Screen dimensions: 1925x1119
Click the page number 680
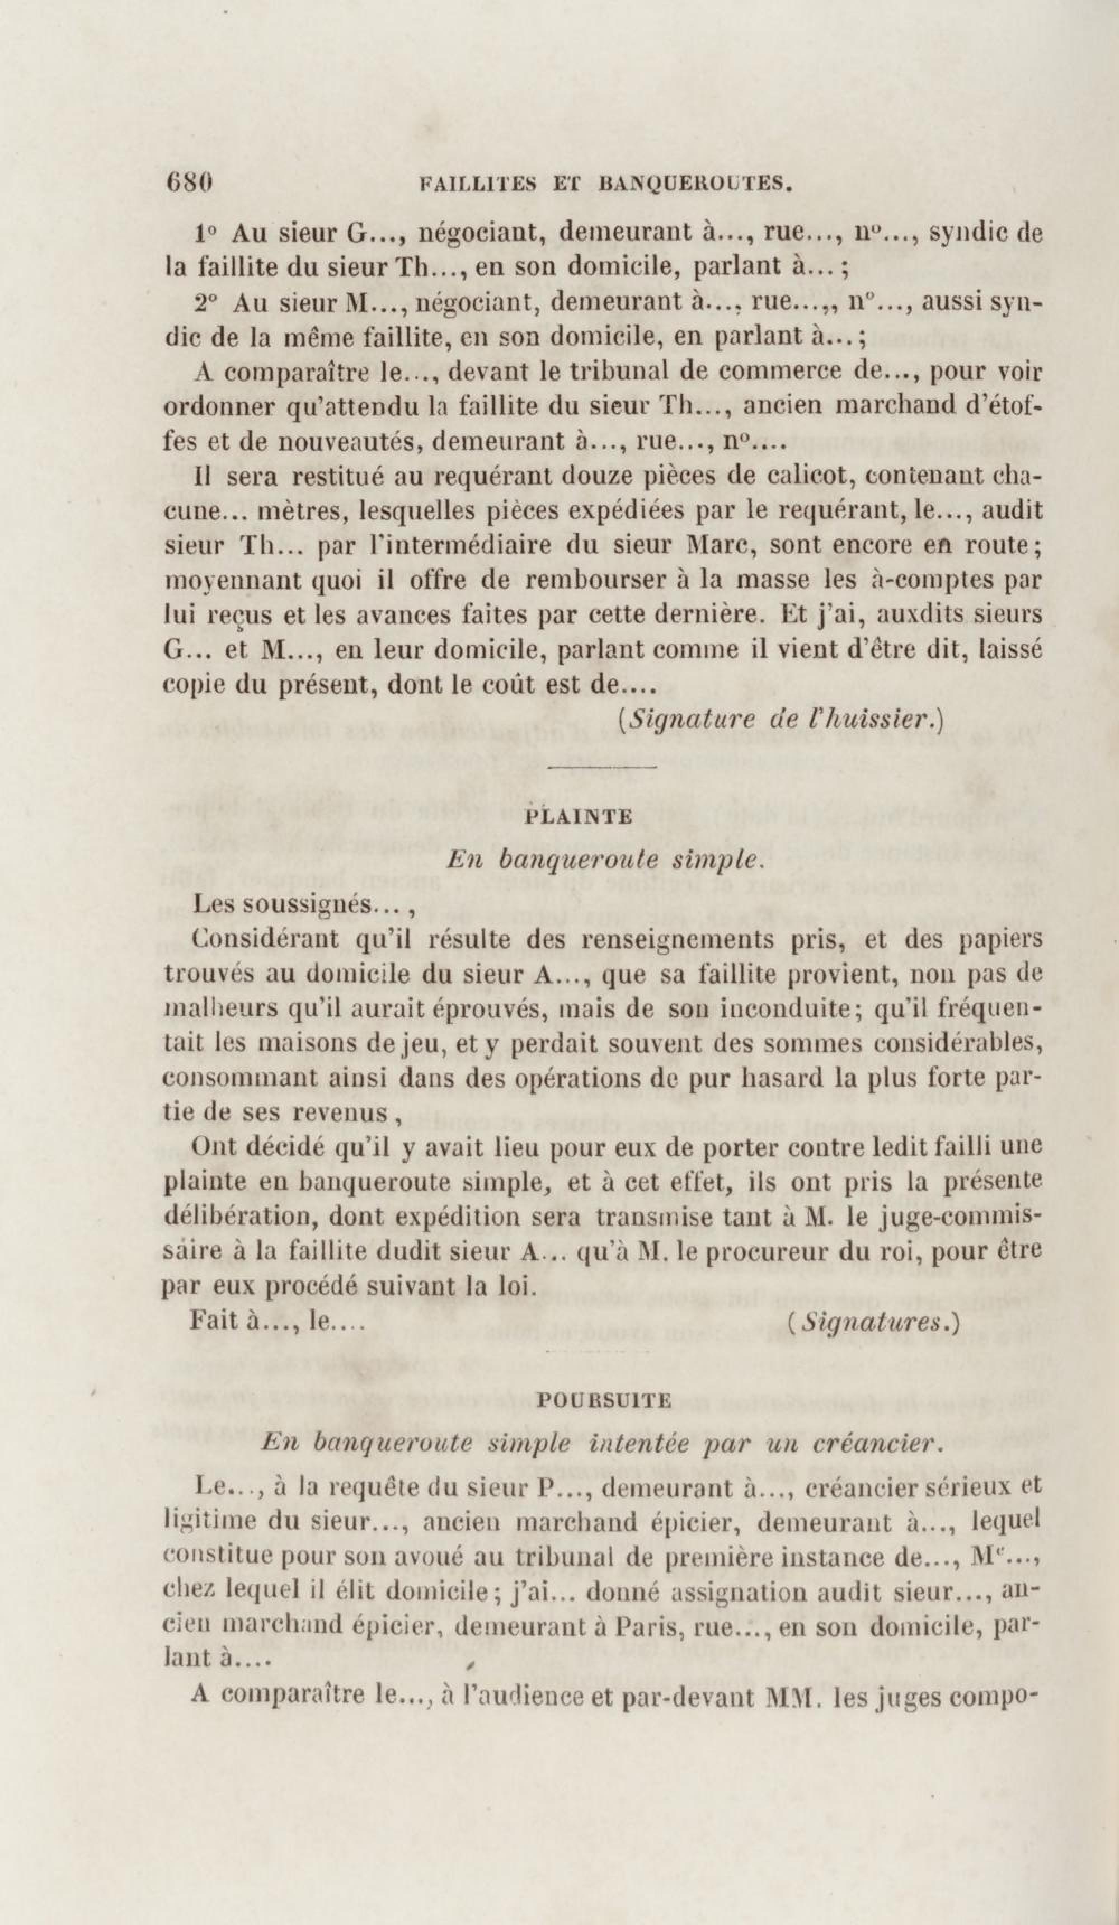(188, 184)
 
